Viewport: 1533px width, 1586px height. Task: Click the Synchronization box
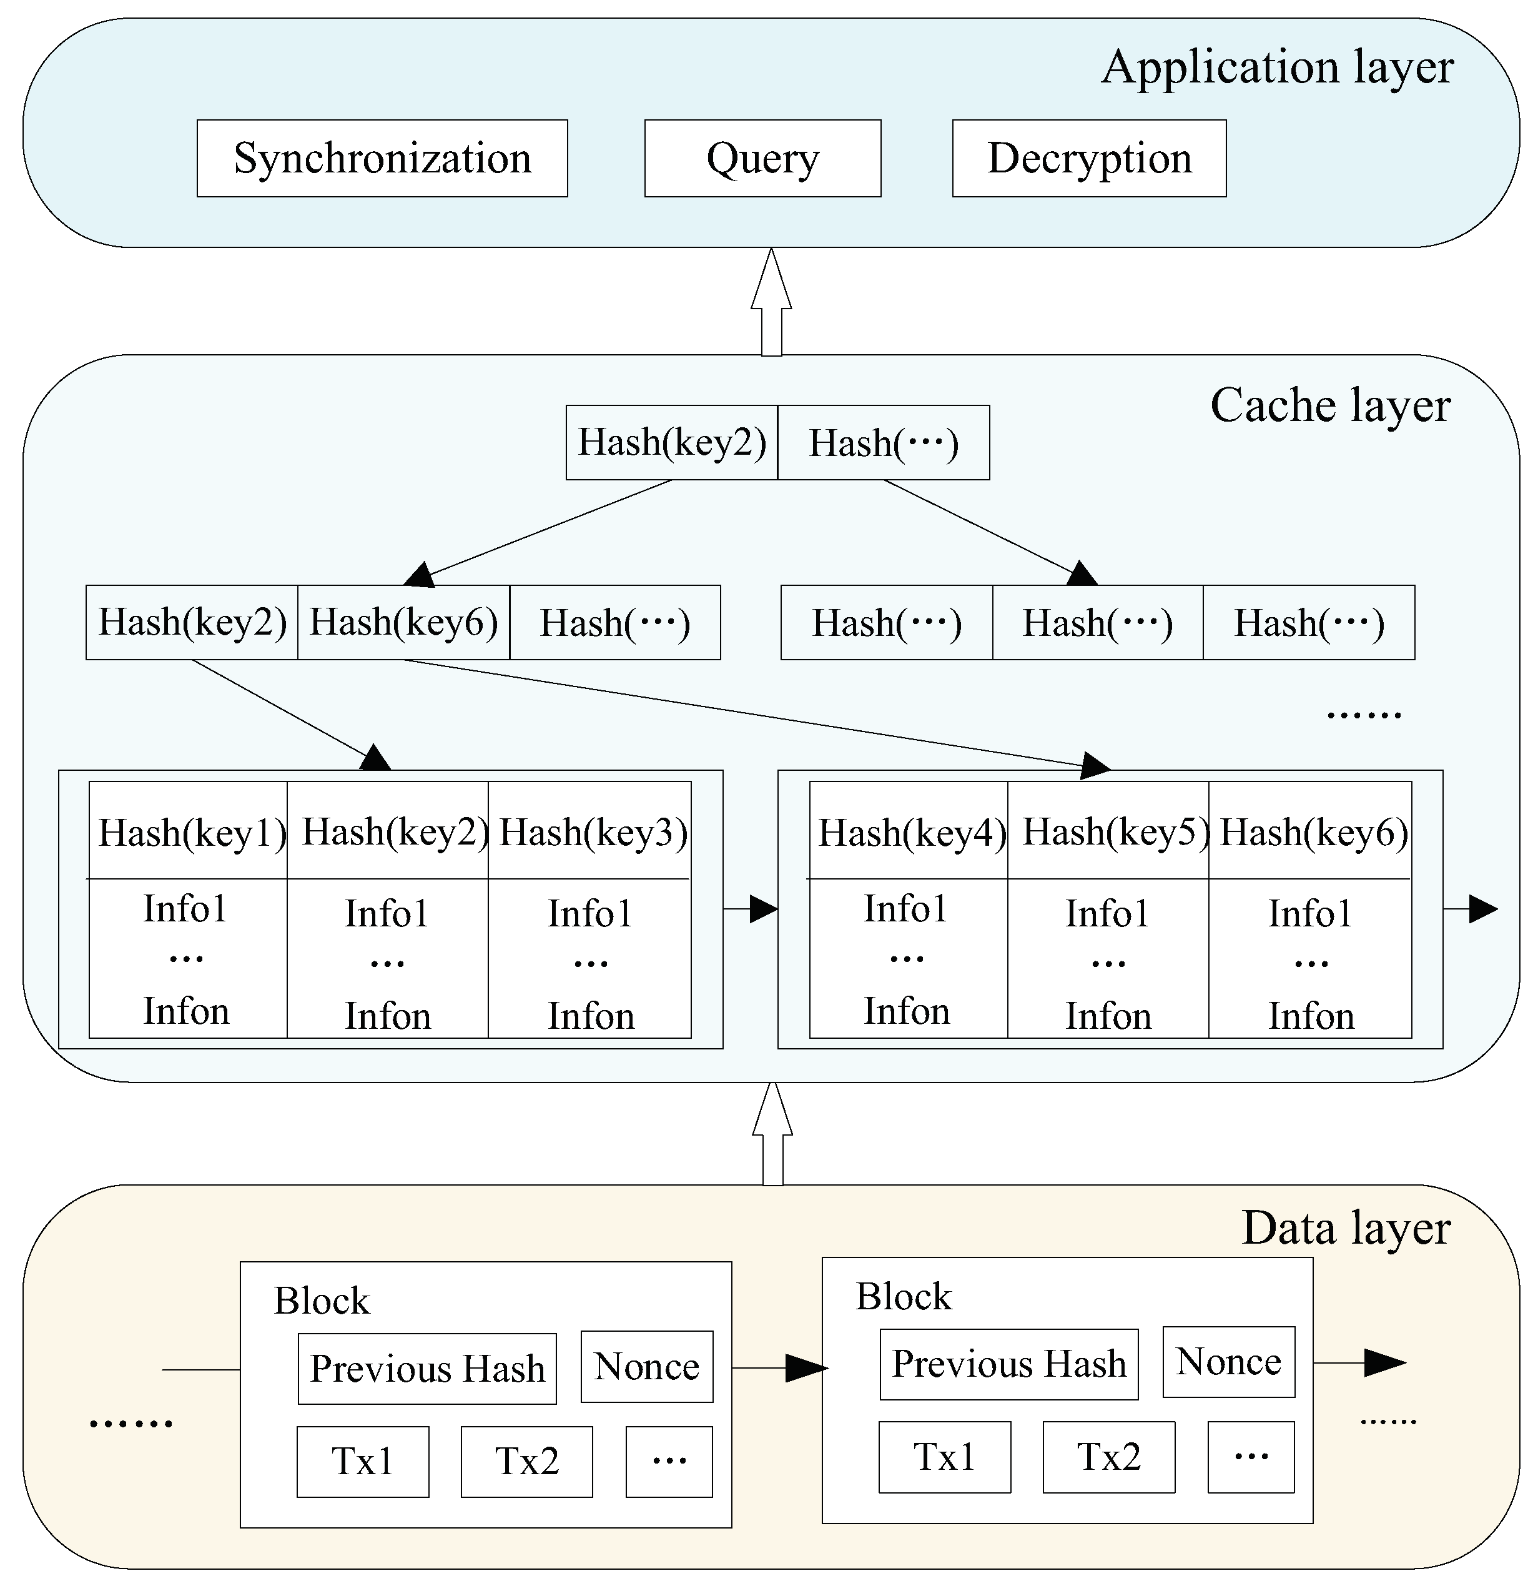(382, 159)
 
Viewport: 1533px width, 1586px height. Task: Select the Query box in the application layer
(762, 159)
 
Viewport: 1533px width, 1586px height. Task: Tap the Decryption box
(1089, 159)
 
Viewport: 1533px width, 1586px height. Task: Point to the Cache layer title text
(1329, 405)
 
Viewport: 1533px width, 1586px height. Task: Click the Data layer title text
(1345, 1227)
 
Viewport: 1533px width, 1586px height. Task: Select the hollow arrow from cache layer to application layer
(771, 304)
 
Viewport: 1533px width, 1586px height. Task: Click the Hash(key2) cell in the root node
(671, 443)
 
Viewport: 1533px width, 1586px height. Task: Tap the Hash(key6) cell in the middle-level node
(403, 622)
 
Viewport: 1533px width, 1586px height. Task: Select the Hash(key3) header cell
(592, 832)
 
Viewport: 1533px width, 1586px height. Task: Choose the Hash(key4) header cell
(911, 832)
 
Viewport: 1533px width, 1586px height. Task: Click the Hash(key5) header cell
(1115, 832)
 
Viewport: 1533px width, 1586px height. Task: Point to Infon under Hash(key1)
(186, 1011)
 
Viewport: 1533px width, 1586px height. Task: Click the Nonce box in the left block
(646, 1367)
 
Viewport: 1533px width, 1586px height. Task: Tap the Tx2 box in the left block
(526, 1462)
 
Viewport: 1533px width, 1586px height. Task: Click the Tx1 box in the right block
(944, 1457)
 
